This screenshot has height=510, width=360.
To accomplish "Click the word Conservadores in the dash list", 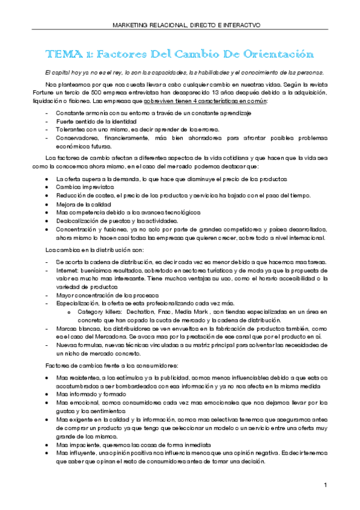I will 76,138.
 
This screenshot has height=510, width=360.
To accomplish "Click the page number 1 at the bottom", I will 325,485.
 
